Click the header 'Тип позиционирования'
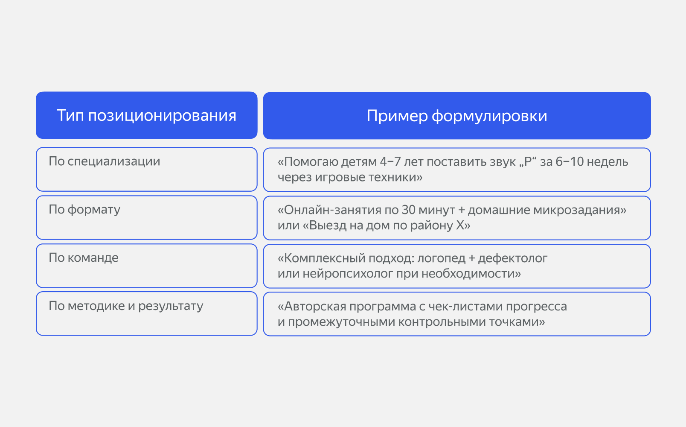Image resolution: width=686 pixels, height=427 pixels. point(146,115)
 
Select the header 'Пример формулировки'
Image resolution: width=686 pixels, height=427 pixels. point(456,116)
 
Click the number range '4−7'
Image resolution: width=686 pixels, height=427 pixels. point(390,162)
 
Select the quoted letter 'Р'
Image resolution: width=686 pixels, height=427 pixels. point(528,162)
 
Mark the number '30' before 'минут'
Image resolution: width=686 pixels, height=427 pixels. point(408,210)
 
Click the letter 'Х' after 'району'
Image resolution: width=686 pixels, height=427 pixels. point(460,225)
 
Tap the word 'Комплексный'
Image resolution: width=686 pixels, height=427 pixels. point(321,258)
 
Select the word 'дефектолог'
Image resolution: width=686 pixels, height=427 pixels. point(512,258)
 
